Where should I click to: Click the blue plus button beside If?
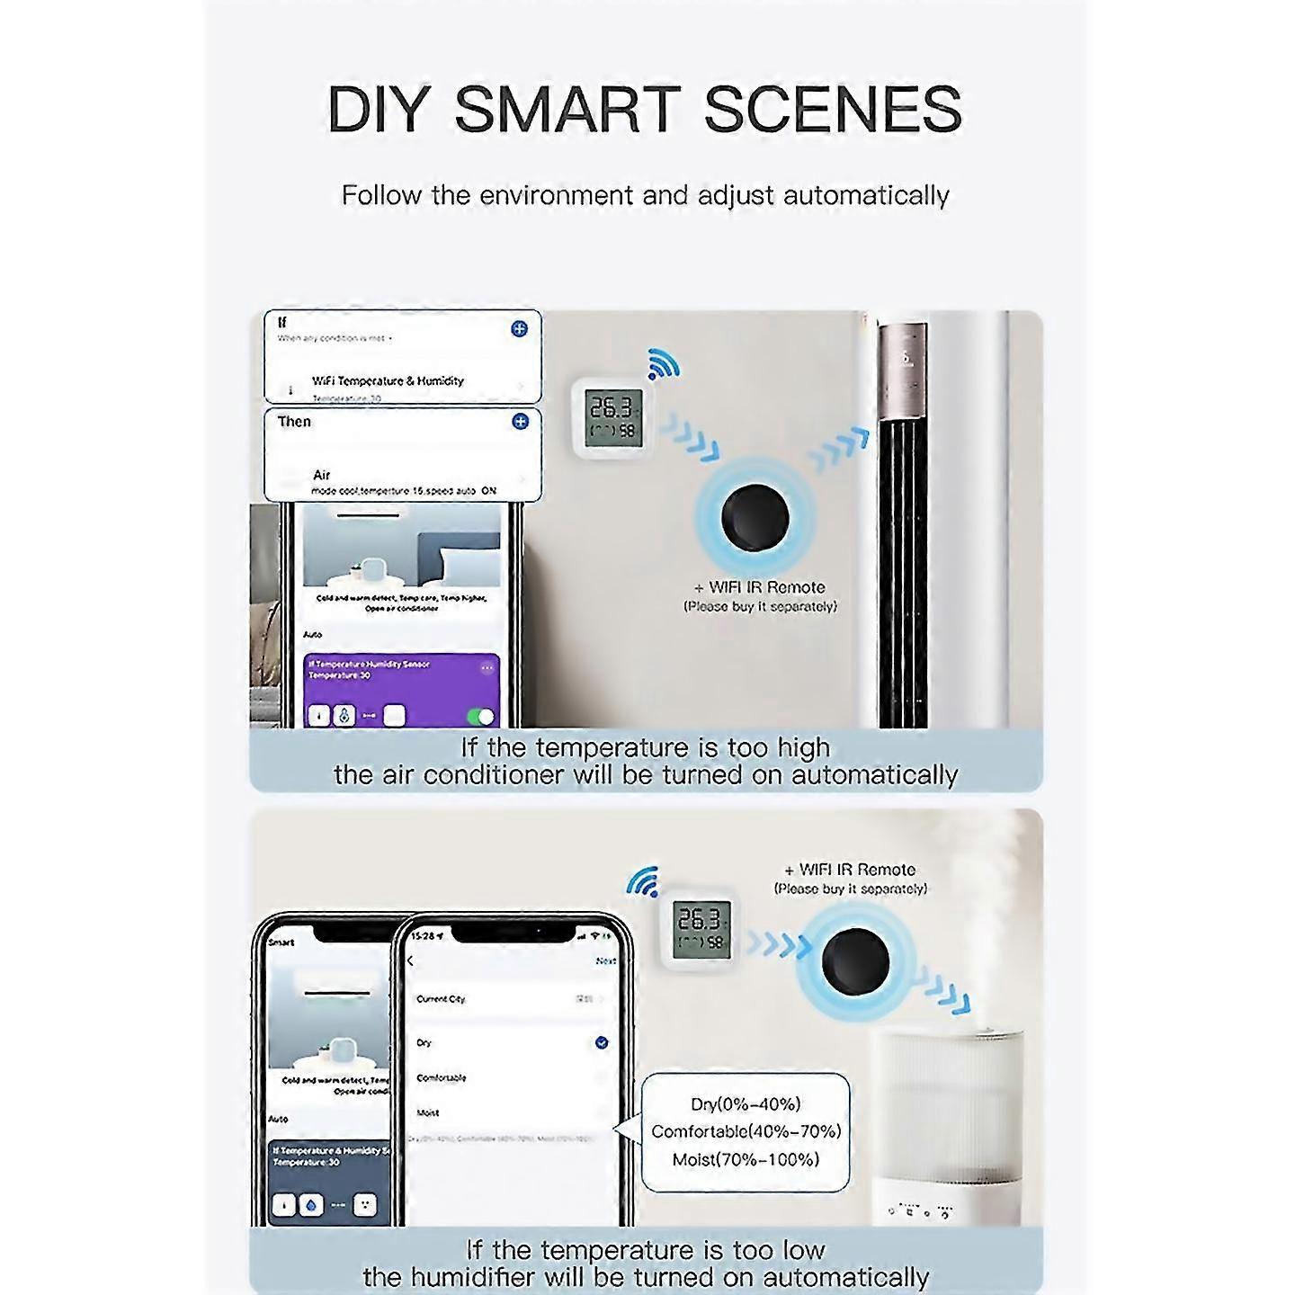pos(519,329)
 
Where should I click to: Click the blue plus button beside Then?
pos(520,421)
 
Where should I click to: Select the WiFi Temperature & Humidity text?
pos(388,380)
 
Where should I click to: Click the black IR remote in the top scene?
pos(755,519)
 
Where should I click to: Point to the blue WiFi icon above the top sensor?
pos(664,363)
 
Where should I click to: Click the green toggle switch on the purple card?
pos(481,716)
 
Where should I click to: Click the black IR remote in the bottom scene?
pos(855,961)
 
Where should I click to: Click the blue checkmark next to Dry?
pos(601,1042)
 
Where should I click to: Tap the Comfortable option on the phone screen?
pos(442,1077)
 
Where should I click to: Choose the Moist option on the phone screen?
pos(428,1112)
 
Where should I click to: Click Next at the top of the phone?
pos(605,960)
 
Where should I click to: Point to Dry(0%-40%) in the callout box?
pos(746,1104)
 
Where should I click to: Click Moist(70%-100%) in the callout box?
pos(746,1159)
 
